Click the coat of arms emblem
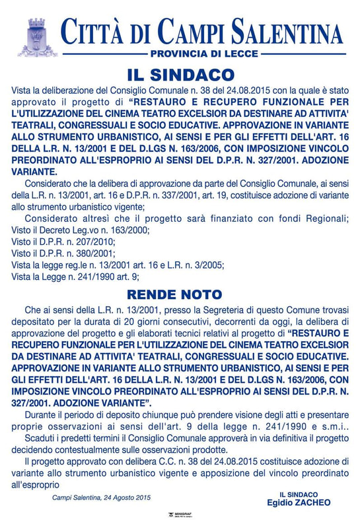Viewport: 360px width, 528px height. [x=37, y=38]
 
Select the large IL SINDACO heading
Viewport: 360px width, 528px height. [x=180, y=74]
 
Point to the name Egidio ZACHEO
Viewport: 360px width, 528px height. [x=298, y=502]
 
